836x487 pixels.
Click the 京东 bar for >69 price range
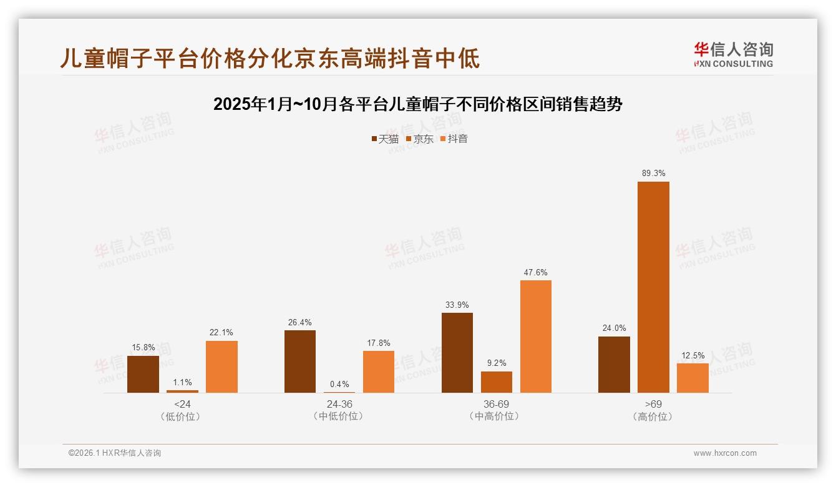pyautogui.click(x=653, y=287)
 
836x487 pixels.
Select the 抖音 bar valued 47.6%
pyautogui.click(x=536, y=337)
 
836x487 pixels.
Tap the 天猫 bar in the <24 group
pyautogui.click(x=143, y=374)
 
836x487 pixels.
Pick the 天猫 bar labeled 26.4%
pyautogui.click(x=300, y=362)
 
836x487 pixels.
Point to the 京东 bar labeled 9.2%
pyautogui.click(x=497, y=382)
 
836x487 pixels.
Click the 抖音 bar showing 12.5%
pyautogui.click(x=693, y=378)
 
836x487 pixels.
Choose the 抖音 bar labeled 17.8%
pyautogui.click(x=379, y=371)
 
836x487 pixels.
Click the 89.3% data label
pyautogui.click(x=653, y=173)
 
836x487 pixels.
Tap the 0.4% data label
pyautogui.click(x=339, y=384)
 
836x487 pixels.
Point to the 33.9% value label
pyautogui.click(x=457, y=305)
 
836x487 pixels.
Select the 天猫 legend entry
pyautogui.click(x=385, y=139)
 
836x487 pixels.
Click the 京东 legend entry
pyautogui.click(x=420, y=139)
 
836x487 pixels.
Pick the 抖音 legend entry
pyautogui.click(x=454, y=139)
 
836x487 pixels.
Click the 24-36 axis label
pyautogui.click(x=339, y=404)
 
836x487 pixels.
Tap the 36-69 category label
pyautogui.click(x=497, y=404)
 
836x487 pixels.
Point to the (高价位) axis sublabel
pyautogui.click(x=653, y=416)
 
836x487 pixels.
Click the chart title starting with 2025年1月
pyautogui.click(x=417, y=104)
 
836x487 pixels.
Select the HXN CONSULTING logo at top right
pyautogui.click(x=733, y=54)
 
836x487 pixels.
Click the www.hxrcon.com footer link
pyautogui.click(x=725, y=453)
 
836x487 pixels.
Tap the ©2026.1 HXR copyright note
pyautogui.click(x=115, y=453)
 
